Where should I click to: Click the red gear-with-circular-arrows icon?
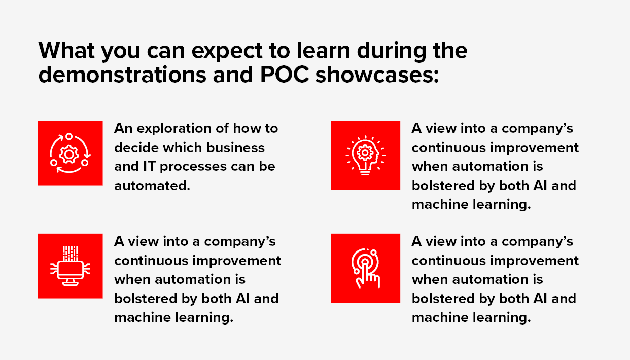tap(70, 153)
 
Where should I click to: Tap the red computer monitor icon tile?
tap(70, 266)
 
